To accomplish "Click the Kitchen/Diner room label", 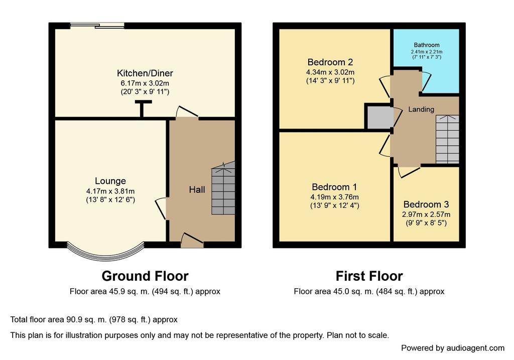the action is point(145,73).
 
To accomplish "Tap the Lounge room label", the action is point(110,181).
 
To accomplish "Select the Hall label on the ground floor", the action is point(197,189).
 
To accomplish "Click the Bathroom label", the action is point(427,45).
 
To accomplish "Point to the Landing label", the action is point(421,109).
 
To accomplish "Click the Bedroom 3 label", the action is point(426,204).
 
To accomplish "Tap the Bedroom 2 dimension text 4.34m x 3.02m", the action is point(330,72).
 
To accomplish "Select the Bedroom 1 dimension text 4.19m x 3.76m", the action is point(334,197).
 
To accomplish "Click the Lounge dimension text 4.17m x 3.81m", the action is point(110,191).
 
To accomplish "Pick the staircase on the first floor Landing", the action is point(447,139).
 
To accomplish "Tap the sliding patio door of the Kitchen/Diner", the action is point(97,25).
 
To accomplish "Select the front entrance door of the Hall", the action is point(192,241).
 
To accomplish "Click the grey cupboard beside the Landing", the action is point(380,117).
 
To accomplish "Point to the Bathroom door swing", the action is point(426,81).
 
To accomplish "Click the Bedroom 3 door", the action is point(409,172).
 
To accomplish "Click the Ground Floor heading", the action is point(145,276).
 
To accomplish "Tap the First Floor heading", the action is point(369,276).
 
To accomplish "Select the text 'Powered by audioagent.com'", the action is point(453,348).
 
